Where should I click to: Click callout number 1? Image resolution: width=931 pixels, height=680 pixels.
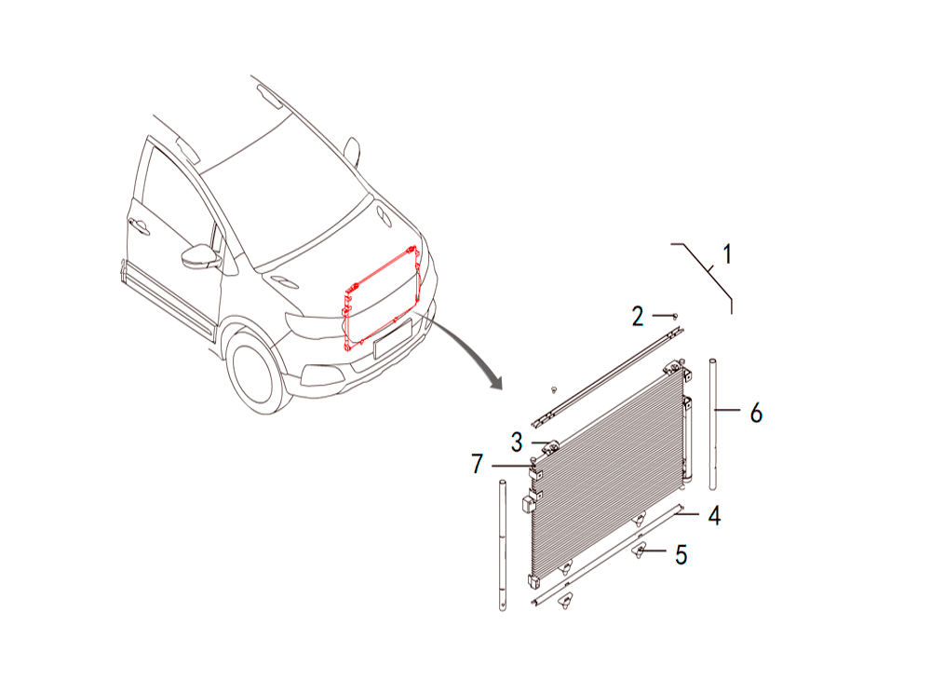(x=727, y=254)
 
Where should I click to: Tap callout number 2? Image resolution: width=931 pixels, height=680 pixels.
(x=638, y=317)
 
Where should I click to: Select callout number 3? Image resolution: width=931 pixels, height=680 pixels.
(x=517, y=442)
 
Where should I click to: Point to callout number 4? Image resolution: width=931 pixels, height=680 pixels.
(x=714, y=515)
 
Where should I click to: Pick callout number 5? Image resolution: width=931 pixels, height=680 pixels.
(x=681, y=554)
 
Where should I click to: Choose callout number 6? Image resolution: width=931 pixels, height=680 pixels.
(x=756, y=413)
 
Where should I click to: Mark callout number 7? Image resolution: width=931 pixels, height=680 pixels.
(x=478, y=464)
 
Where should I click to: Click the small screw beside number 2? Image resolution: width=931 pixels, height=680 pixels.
(x=674, y=316)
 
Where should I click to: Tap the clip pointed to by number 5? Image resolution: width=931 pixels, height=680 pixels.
(x=639, y=551)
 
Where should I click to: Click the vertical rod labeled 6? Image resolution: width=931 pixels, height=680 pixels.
(x=714, y=424)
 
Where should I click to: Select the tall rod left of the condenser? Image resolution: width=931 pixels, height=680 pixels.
(x=503, y=545)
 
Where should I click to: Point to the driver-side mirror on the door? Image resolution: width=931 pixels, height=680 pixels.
(x=200, y=256)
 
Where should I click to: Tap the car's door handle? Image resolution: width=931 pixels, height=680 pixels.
(x=139, y=225)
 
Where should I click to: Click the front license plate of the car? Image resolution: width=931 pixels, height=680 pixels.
(x=393, y=338)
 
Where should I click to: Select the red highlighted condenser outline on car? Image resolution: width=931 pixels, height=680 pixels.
(x=382, y=298)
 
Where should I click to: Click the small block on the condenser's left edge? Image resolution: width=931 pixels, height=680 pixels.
(x=528, y=504)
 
